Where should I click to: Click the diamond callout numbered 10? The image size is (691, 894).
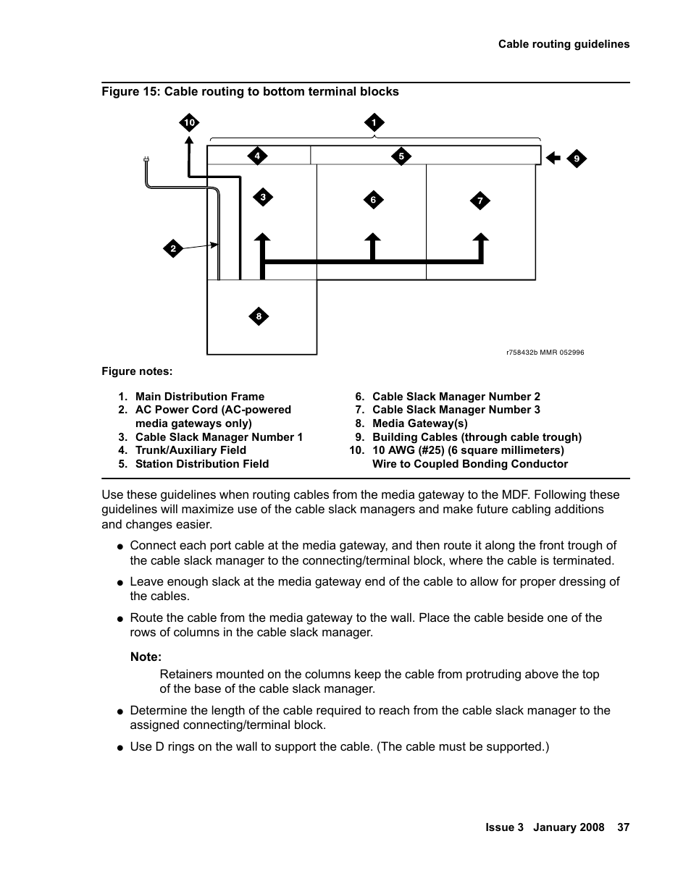coord(189,123)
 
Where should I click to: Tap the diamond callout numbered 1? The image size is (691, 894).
coord(374,123)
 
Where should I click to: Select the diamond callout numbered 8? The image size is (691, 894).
coord(259,316)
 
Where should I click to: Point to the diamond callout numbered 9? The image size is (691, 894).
coord(577,159)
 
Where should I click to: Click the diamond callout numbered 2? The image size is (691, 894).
coord(173,249)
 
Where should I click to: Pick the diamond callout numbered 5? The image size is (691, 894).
coord(401,156)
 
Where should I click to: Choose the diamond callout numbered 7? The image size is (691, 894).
coord(479,201)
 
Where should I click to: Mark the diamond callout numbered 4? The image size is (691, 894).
coord(256,156)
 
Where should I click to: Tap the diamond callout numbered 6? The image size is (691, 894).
coord(373,200)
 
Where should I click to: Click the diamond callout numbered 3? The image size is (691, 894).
coord(263,197)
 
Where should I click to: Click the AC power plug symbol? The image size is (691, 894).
coord(146,160)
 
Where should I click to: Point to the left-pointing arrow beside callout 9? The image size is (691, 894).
coord(553,158)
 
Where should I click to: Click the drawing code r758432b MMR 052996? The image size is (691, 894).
coord(545,353)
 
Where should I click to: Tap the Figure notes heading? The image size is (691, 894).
coord(137,371)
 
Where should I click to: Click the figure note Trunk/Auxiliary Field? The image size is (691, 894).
coord(190,450)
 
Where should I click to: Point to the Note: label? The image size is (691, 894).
coord(146,657)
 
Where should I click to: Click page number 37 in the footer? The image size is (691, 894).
coord(623,827)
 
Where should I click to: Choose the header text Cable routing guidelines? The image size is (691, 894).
coord(564,44)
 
